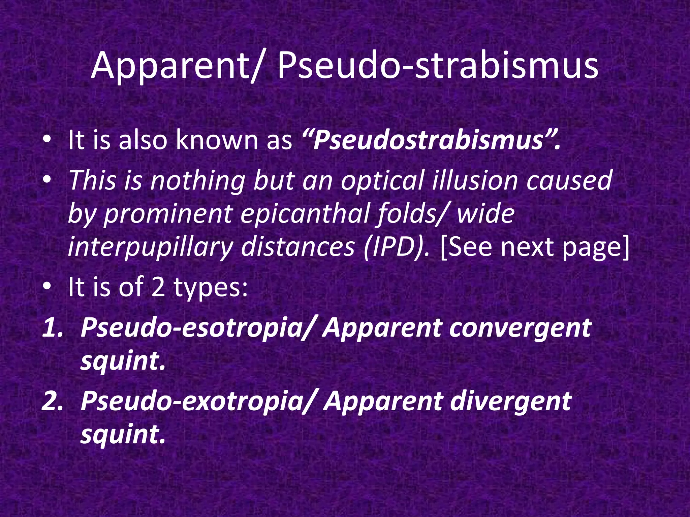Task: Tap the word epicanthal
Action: [x=303, y=214]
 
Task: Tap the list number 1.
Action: [x=53, y=327]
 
